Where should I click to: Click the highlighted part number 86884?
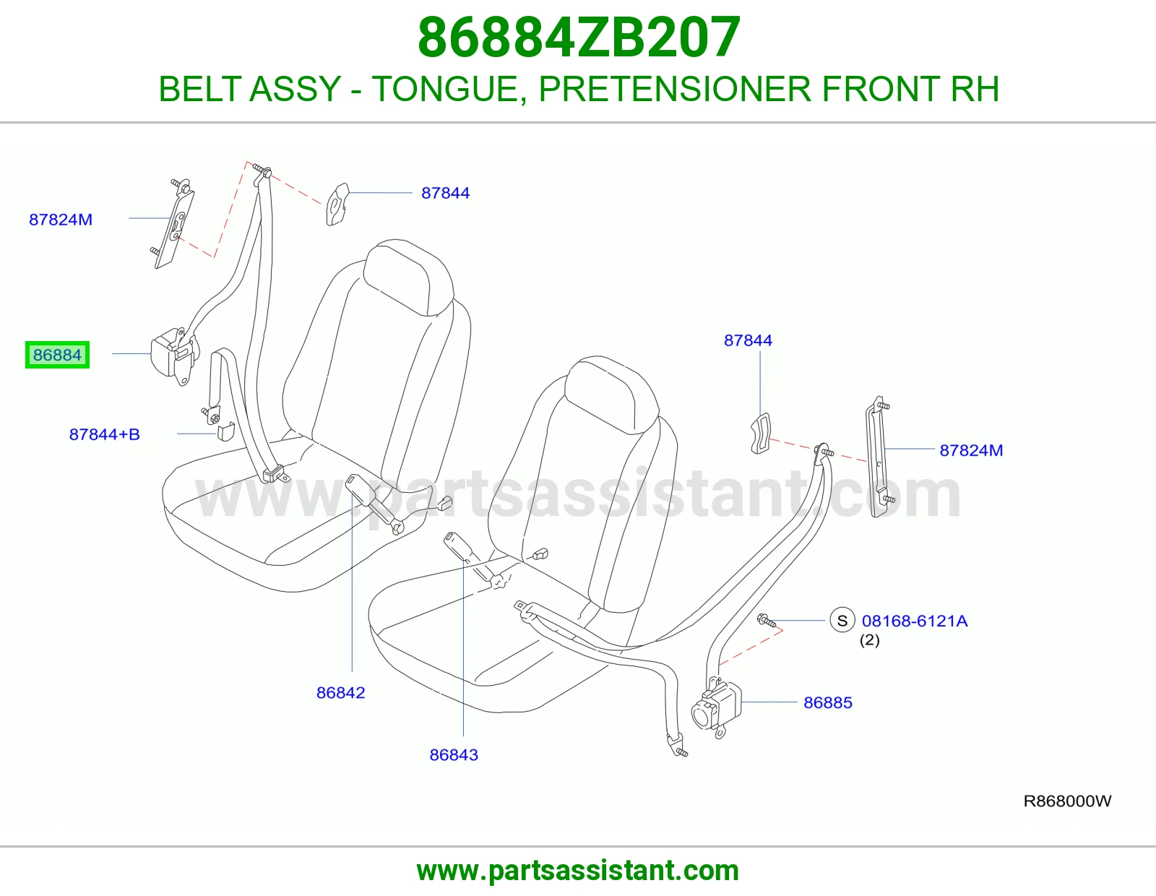click(x=58, y=355)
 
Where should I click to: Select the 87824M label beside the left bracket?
click(x=61, y=220)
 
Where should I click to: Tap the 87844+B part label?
click(x=104, y=434)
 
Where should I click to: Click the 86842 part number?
click(x=340, y=692)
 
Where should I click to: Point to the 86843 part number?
click(x=454, y=754)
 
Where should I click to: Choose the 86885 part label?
click(x=828, y=702)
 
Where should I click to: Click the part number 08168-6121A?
click(x=915, y=621)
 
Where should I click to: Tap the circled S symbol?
click(x=842, y=621)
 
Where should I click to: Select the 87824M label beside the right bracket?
click(x=971, y=450)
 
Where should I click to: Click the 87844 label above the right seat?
click(x=748, y=340)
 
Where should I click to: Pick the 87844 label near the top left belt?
click(x=445, y=193)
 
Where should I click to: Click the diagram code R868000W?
click(x=1067, y=801)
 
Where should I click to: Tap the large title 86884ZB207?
click(x=579, y=38)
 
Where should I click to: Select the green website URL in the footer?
click(x=578, y=871)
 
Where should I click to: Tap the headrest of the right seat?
click(x=612, y=394)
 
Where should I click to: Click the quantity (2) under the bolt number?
click(x=869, y=640)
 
